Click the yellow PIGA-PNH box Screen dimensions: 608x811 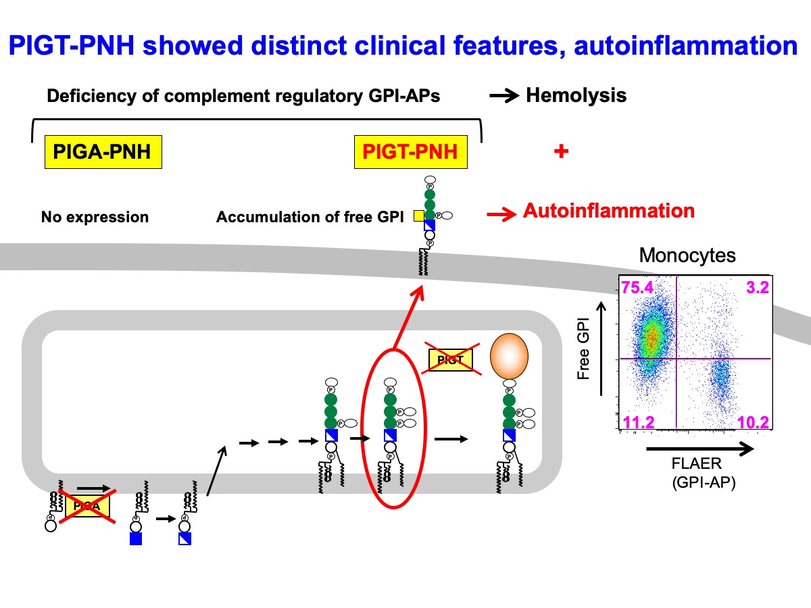pos(102,152)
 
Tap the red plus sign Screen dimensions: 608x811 pos(560,152)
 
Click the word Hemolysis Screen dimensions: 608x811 pos(576,95)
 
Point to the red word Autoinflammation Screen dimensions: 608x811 pos(608,211)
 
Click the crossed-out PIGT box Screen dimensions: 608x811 pos(451,360)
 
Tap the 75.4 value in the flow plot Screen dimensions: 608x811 pos(637,288)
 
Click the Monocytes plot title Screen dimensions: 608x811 pos(687,256)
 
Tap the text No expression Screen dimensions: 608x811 pos(95,217)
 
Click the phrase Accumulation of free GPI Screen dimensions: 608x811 pos(310,217)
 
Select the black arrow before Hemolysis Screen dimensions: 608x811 pos(505,96)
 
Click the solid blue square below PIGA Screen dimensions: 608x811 pos(135,539)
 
